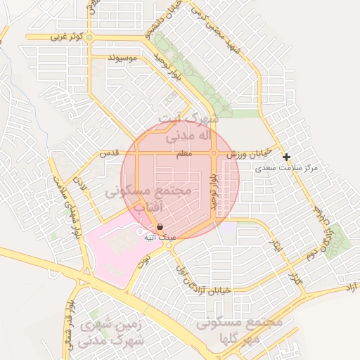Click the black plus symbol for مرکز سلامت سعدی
pos(286,157)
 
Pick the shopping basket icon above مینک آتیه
pos(160,227)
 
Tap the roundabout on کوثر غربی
pos(89,37)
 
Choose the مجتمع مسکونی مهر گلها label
pos(239,330)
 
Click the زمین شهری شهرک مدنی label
pos(112,333)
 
